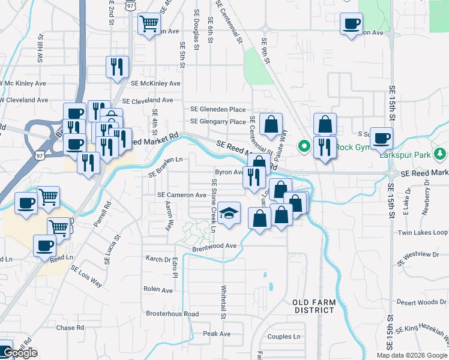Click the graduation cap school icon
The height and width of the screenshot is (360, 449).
(x=228, y=214)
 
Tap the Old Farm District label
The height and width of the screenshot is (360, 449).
(x=313, y=306)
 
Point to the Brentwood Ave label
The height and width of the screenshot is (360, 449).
(x=214, y=246)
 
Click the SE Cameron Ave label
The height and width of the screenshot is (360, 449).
(x=182, y=195)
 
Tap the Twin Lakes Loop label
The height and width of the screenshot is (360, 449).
(x=423, y=232)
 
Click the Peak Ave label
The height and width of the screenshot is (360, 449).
(x=217, y=334)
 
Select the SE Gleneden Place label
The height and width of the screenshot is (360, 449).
(x=218, y=109)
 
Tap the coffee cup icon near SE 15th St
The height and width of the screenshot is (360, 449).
(x=381, y=139)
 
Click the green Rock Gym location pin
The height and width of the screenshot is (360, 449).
(x=304, y=146)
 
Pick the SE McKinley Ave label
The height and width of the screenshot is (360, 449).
(x=155, y=83)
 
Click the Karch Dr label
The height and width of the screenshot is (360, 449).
(x=158, y=259)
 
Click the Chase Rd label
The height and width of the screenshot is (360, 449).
(x=70, y=328)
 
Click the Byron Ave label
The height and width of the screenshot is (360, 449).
(x=228, y=172)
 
